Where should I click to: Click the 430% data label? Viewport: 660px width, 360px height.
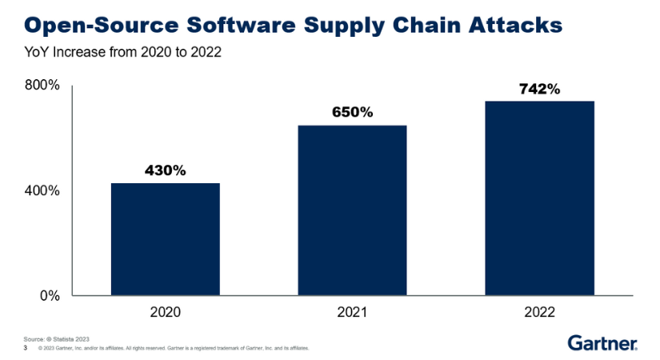(x=165, y=170)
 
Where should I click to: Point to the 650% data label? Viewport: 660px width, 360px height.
(x=352, y=112)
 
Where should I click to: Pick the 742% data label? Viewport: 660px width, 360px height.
(x=539, y=89)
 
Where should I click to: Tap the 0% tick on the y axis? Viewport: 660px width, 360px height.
(x=50, y=295)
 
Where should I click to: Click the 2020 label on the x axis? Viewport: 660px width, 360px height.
(x=165, y=313)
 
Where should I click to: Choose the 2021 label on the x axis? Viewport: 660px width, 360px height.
(x=352, y=313)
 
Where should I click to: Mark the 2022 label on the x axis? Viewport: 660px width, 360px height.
(x=539, y=313)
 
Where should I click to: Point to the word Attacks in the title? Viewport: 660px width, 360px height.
(x=512, y=26)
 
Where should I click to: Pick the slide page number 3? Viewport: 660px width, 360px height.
(x=26, y=348)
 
